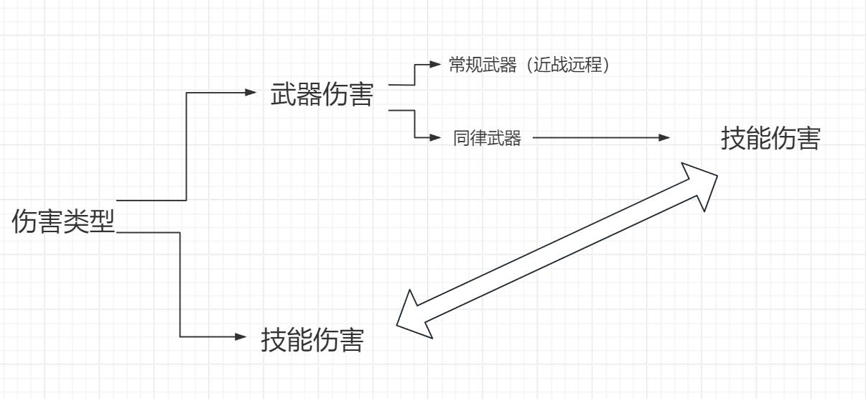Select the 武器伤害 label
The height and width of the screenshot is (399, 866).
pos(322,95)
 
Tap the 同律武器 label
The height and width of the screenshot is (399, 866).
pos(487,139)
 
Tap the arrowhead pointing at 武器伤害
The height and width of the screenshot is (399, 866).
pos(250,93)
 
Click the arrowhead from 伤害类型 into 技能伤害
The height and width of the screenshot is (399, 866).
pos(241,336)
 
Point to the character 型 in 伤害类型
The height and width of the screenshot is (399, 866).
pos(103,221)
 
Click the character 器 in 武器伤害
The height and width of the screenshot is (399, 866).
pos(309,95)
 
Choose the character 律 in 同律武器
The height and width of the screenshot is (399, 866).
pos(478,139)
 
